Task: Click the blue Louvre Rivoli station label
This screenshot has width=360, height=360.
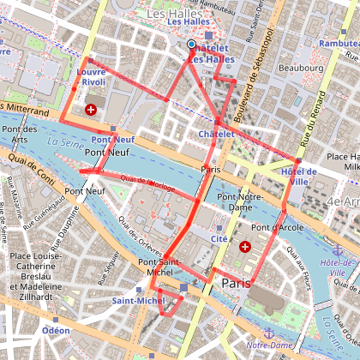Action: (x=90, y=78)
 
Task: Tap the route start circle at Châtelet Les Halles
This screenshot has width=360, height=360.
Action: (x=191, y=44)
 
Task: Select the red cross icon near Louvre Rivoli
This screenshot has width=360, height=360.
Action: (x=92, y=110)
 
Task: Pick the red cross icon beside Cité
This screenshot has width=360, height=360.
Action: (x=246, y=247)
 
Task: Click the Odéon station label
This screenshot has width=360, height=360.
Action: (x=56, y=330)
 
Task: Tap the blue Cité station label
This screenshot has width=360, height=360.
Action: (x=219, y=238)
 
